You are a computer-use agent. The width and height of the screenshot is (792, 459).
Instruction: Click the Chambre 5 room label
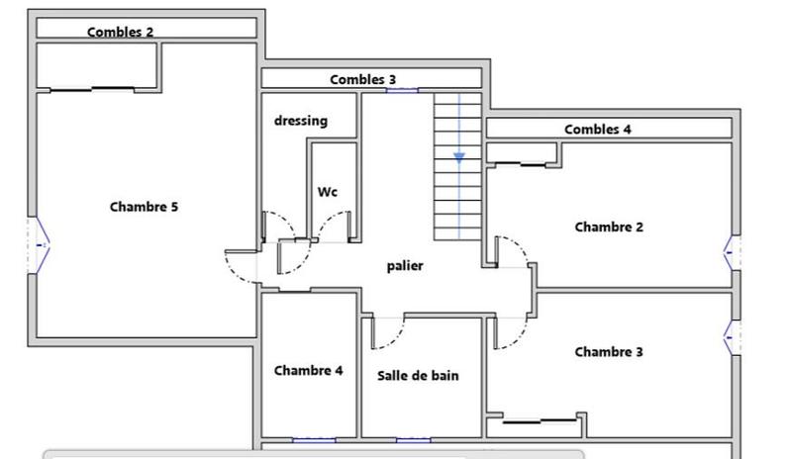click(144, 207)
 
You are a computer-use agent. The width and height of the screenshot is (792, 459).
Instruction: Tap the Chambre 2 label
click(609, 227)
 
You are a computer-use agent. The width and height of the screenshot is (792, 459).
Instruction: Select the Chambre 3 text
click(609, 351)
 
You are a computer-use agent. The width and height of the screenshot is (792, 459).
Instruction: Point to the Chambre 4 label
click(308, 370)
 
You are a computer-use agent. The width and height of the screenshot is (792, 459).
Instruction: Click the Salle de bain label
click(418, 375)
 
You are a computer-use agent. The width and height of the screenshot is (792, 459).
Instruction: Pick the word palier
click(405, 265)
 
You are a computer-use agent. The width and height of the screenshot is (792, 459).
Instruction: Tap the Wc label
click(328, 192)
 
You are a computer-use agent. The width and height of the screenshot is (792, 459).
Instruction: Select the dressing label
click(301, 121)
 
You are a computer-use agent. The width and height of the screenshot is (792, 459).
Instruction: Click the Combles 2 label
click(120, 32)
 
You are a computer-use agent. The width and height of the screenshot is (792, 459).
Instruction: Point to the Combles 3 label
click(363, 79)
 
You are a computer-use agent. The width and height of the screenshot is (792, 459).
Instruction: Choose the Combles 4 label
click(597, 129)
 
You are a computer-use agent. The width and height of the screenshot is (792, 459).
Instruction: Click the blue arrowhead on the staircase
click(459, 156)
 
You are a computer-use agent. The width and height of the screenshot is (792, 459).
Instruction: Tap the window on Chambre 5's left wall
click(39, 243)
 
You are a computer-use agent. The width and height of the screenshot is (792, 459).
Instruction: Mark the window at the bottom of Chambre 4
click(314, 438)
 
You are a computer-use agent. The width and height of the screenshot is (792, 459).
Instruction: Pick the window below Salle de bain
click(413, 438)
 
